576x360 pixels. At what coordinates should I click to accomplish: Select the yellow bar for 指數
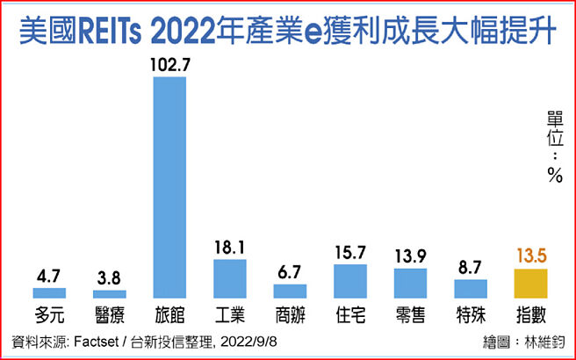529,284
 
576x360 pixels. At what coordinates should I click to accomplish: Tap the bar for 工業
230,278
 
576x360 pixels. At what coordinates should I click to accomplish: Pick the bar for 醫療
110,294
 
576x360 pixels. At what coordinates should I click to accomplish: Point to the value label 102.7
170,65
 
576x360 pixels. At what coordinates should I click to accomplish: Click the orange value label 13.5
529,256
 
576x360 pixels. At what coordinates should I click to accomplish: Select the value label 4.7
50,275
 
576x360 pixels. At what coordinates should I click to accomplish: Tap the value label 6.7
290,271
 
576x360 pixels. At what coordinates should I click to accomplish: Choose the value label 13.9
410,256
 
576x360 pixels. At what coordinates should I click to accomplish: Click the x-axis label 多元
50,313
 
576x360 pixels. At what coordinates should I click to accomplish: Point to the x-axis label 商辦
290,313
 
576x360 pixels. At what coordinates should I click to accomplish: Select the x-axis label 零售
410,313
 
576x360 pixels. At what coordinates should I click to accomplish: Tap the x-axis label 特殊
470,313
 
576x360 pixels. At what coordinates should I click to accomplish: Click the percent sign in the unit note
554,175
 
